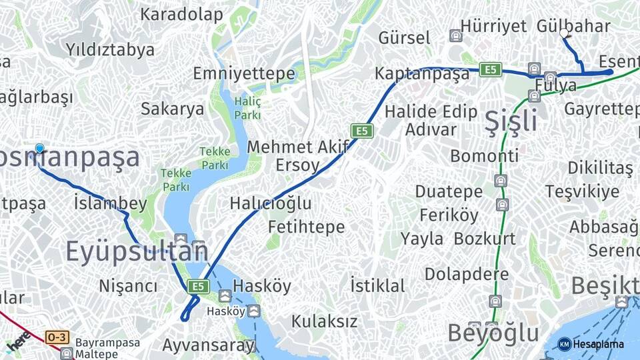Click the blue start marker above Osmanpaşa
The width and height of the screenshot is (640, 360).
pyautogui.click(x=39, y=148)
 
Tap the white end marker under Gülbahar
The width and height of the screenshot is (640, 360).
pyautogui.click(x=565, y=33)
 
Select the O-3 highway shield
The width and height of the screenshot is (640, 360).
pyautogui.click(x=57, y=338)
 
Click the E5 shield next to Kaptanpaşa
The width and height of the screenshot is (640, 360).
pyautogui.click(x=491, y=69)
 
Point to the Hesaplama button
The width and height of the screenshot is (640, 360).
pyautogui.click(x=591, y=344)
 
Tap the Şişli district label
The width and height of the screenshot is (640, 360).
pyautogui.click(x=511, y=121)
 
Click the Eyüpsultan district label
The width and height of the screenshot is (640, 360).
pyautogui.click(x=137, y=251)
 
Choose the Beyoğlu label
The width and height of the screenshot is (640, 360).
pyautogui.click(x=493, y=333)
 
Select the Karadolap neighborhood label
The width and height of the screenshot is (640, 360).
pyautogui.click(x=181, y=14)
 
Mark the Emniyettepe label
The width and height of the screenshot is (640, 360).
pyautogui.click(x=245, y=73)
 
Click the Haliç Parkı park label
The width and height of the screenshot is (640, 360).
pyautogui.click(x=247, y=107)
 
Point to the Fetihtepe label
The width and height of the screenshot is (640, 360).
pyautogui.click(x=307, y=227)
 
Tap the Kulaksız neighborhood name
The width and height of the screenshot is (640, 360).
pyautogui.click(x=324, y=321)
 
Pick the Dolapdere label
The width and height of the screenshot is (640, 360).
pyautogui.click(x=467, y=274)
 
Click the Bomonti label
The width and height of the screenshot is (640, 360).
pyautogui.click(x=485, y=156)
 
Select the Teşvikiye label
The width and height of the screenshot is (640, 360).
pyautogui.click(x=582, y=192)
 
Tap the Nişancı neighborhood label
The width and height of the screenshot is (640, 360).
pyautogui.click(x=129, y=286)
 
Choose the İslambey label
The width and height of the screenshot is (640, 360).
pyautogui.click(x=111, y=203)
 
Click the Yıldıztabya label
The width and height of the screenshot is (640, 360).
pyautogui.click(x=110, y=49)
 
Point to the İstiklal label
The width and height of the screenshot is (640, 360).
pyautogui.click(x=377, y=286)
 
